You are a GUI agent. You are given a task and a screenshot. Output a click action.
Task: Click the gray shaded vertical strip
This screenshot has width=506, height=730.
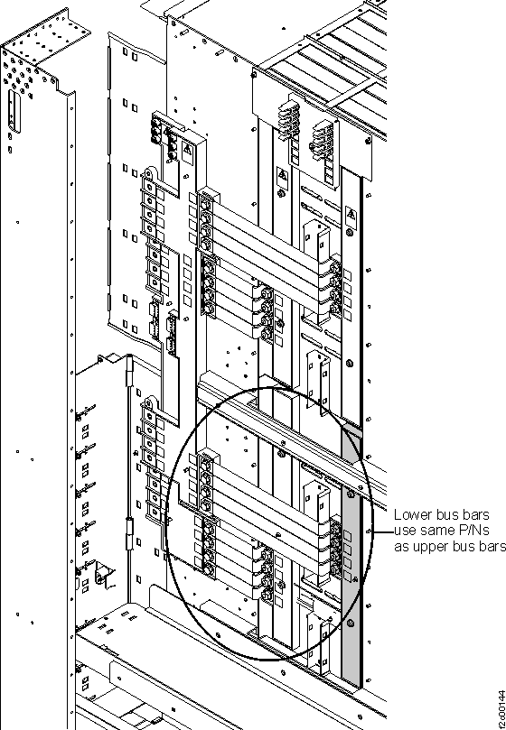pyautogui.click(x=351, y=587)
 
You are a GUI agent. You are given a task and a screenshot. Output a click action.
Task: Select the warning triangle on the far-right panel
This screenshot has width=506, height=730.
pyautogui.click(x=350, y=216)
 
